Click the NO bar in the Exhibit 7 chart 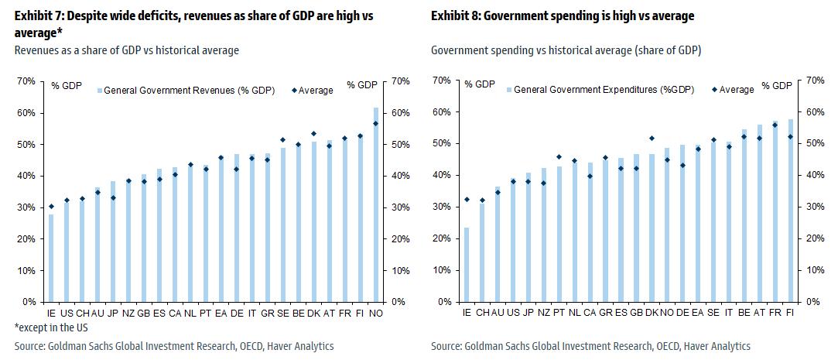(x=376, y=204)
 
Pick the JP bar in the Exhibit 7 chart (x=113, y=242)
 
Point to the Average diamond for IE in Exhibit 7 (x=52, y=206)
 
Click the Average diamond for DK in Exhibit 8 (x=652, y=139)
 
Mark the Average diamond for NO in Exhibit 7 (x=376, y=123)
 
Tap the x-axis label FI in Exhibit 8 (x=789, y=314)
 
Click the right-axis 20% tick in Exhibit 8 (x=816, y=238)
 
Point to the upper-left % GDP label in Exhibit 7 (x=67, y=85)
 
